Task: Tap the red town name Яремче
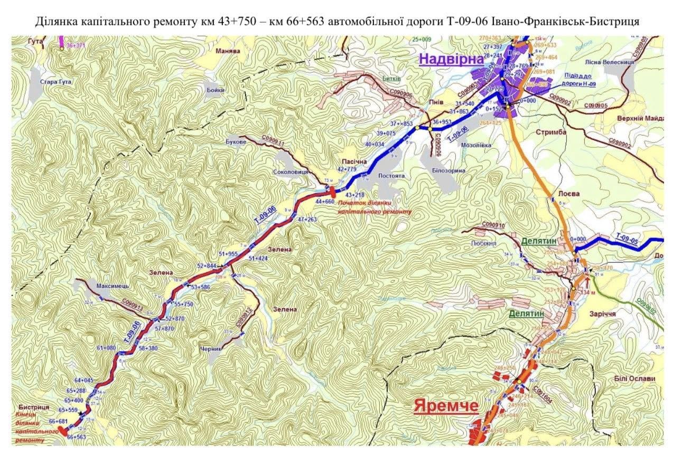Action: (446, 406)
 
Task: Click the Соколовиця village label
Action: (291, 172)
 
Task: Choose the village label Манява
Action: (228, 51)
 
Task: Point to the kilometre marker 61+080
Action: (106, 348)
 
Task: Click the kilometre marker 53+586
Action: (200, 287)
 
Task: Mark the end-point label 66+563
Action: (76, 437)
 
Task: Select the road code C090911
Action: (274, 140)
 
